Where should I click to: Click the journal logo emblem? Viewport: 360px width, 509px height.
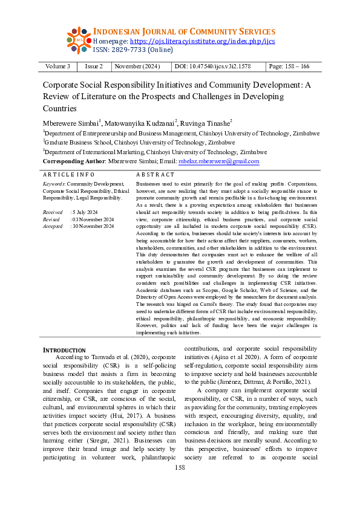(x=79, y=41)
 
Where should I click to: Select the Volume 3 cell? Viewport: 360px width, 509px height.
(x=57, y=66)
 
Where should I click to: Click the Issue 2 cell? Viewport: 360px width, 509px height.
(x=93, y=66)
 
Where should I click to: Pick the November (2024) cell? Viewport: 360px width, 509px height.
(x=137, y=66)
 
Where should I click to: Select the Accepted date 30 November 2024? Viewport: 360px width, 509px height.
(x=92, y=226)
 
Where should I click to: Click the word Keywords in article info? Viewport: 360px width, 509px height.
(x=54, y=183)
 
